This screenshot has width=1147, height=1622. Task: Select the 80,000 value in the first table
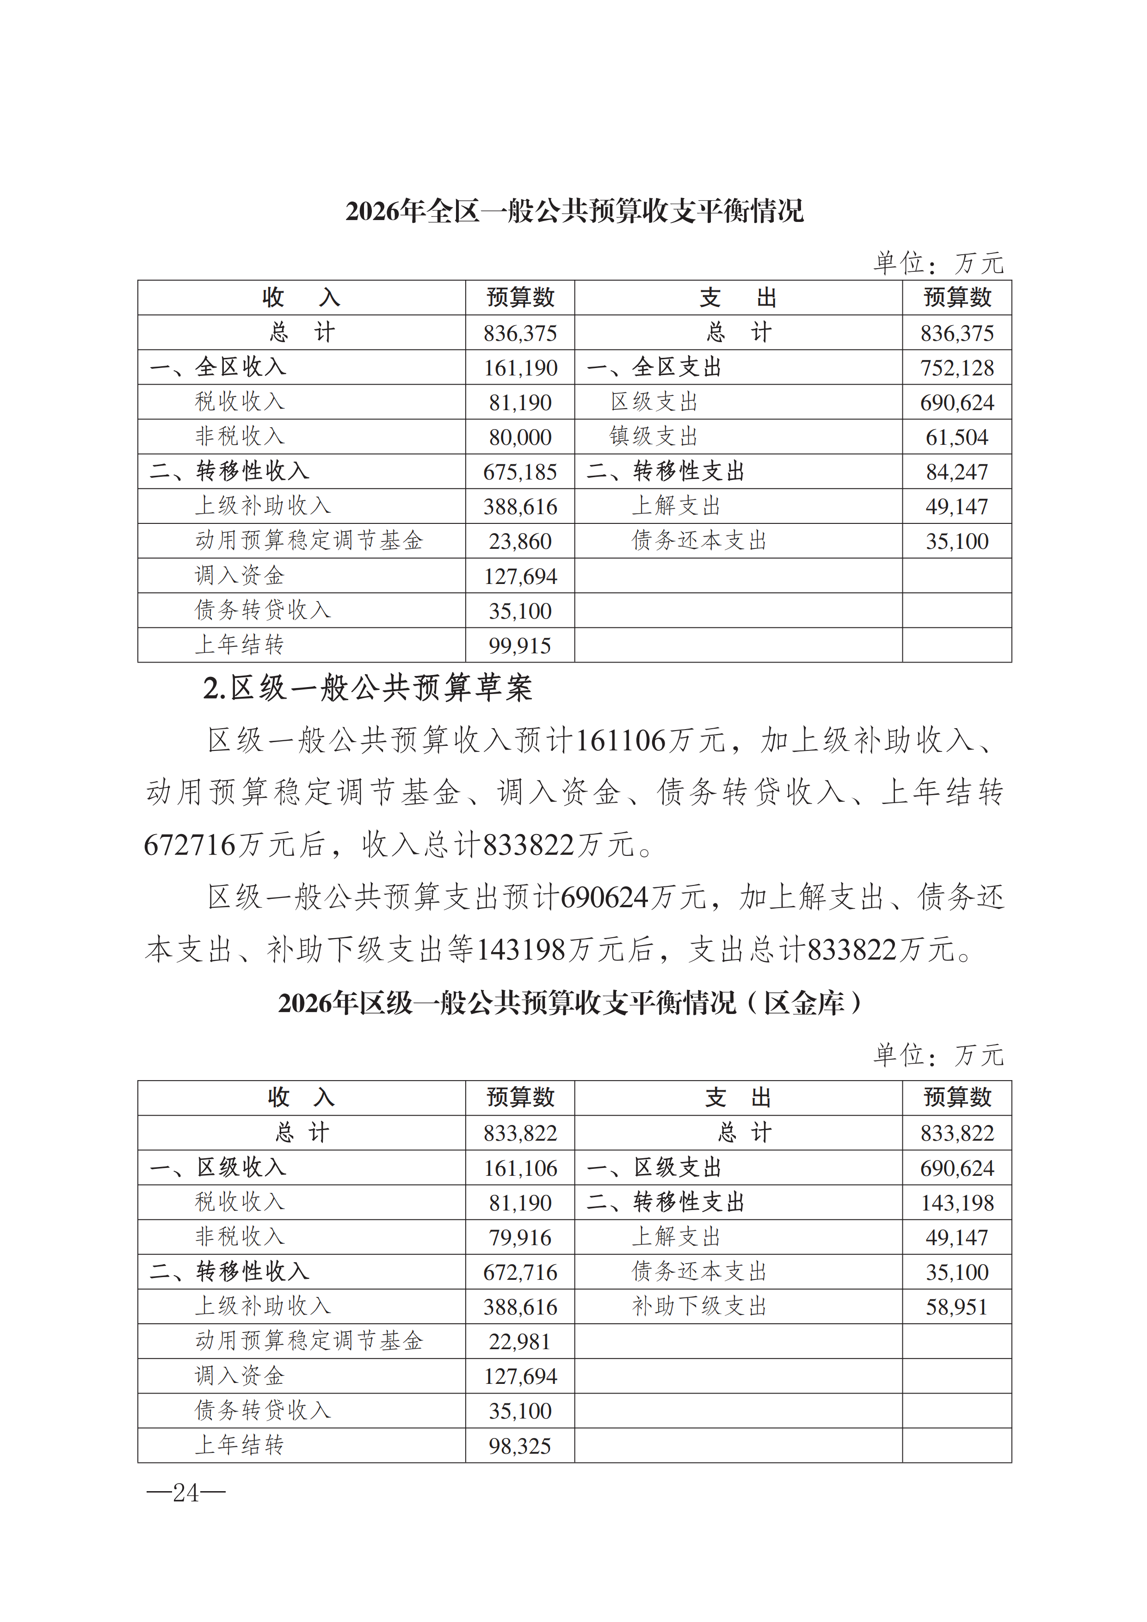coord(520,437)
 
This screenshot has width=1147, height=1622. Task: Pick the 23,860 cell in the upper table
coord(520,541)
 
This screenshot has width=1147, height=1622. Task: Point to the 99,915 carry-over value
coord(520,645)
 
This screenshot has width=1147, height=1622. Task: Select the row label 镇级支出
coord(654,436)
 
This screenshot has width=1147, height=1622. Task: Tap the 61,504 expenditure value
coord(957,437)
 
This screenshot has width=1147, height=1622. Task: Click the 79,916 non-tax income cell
coord(520,1238)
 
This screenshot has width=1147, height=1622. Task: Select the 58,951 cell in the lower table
coord(957,1307)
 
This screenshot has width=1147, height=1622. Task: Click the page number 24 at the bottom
coord(186,1493)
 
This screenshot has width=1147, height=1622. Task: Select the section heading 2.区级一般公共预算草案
coord(368,688)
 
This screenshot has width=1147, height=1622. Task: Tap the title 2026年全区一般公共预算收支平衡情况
coord(574,211)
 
